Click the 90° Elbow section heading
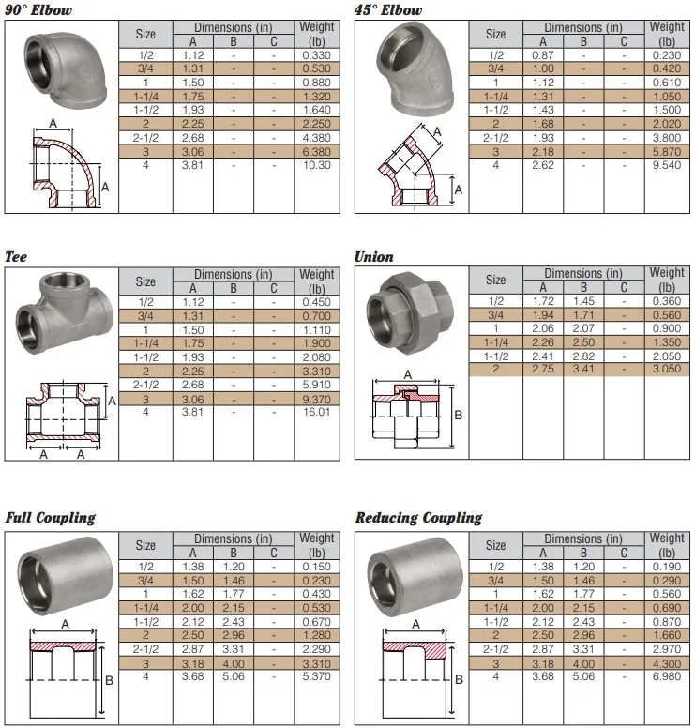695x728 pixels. point(38,10)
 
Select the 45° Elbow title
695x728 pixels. point(388,10)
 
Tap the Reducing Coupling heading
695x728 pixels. point(418,518)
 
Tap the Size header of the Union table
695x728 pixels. point(495,280)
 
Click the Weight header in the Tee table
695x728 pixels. point(316,281)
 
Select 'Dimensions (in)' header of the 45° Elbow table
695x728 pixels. point(582,27)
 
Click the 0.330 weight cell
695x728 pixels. point(316,55)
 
